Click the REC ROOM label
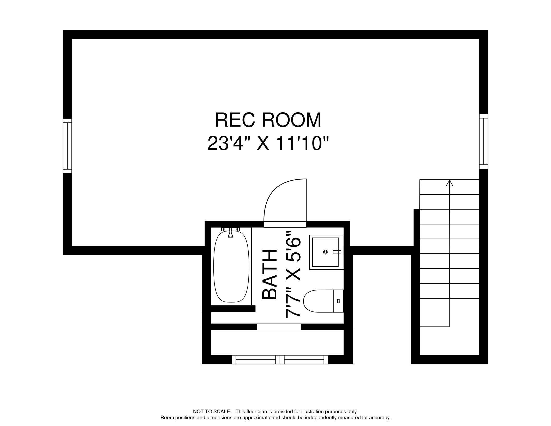click(x=268, y=120)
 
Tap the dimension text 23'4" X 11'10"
click(x=268, y=143)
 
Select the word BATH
click(x=269, y=274)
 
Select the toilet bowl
click(x=318, y=301)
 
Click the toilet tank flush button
click(x=338, y=301)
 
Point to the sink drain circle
click(x=325, y=252)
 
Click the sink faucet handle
click(x=337, y=252)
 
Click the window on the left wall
click(x=67, y=146)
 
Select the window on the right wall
click(x=483, y=141)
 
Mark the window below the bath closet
click(x=280, y=359)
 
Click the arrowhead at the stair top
click(x=449, y=183)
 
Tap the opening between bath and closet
click(x=279, y=327)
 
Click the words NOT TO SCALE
click(x=211, y=411)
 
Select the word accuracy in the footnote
click(x=381, y=417)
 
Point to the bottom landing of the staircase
click(x=449, y=341)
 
